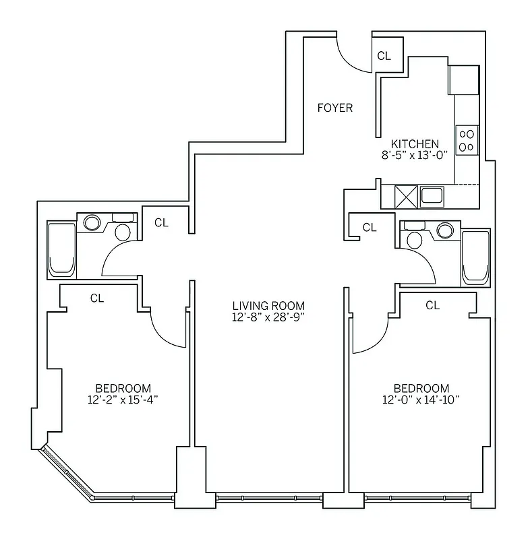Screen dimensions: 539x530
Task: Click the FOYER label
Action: coord(335,107)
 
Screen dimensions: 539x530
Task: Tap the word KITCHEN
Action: coord(415,144)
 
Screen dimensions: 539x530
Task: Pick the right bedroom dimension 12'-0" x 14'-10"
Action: coord(421,400)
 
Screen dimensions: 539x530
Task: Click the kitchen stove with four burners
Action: coord(467,139)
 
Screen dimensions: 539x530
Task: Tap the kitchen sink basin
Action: coord(432,196)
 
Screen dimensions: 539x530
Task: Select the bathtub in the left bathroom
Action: coord(61,249)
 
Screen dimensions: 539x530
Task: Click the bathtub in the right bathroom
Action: coord(475,257)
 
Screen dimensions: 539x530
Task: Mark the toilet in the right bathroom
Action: coord(414,241)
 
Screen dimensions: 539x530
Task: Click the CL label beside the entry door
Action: coord(384,56)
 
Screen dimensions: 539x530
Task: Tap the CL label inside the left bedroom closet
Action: coord(97,298)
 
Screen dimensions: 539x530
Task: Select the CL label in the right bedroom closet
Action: coord(432,305)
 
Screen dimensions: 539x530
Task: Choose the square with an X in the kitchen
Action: coord(407,196)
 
